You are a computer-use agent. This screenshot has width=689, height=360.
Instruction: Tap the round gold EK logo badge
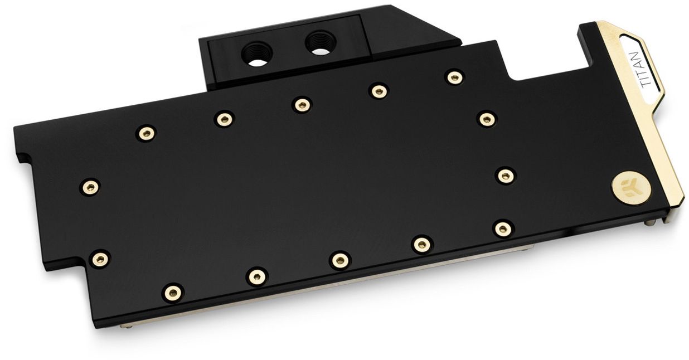click(631, 188)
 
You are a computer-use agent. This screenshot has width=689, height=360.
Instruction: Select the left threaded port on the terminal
click(257, 54)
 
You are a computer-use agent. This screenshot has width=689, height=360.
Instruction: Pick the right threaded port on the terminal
click(321, 43)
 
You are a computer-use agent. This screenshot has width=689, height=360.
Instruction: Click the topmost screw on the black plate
click(455, 77)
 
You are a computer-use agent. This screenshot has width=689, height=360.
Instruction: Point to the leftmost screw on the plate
click(90, 187)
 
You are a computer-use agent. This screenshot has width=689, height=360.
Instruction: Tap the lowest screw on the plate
click(173, 293)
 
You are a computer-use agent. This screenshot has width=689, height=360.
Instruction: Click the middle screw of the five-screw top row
click(302, 105)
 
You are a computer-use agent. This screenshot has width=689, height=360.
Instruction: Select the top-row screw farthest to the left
click(147, 134)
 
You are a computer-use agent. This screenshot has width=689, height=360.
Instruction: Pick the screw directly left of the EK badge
click(506, 176)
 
